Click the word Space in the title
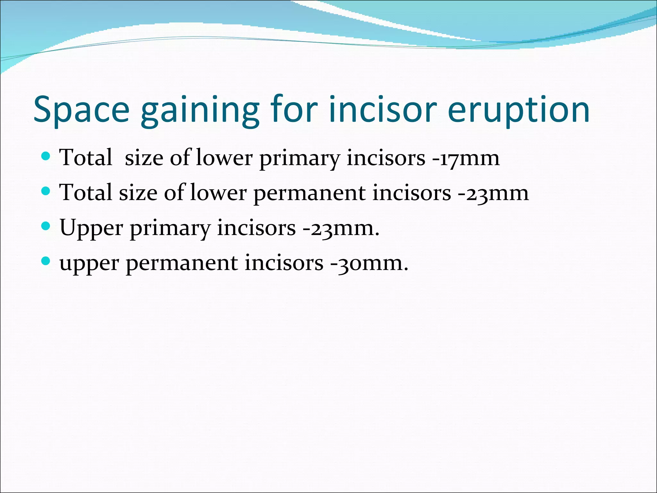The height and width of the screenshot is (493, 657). (81, 109)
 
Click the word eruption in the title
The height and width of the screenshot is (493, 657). (518, 109)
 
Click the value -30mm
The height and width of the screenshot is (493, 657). (370, 263)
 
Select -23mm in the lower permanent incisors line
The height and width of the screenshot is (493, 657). (493, 193)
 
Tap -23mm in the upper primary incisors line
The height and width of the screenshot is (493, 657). (341, 228)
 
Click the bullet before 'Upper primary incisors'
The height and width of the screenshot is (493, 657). (46, 226)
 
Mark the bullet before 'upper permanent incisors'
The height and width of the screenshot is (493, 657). (46, 261)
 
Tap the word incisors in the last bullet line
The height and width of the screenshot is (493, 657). (284, 263)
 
